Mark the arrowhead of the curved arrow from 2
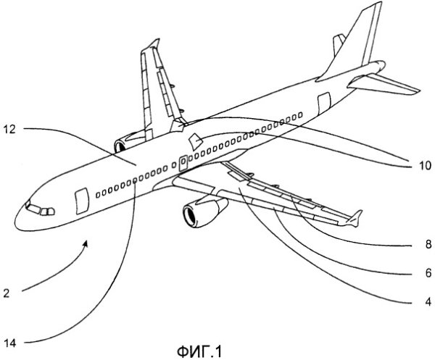point(87,243)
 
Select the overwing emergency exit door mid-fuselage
point(183,160)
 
